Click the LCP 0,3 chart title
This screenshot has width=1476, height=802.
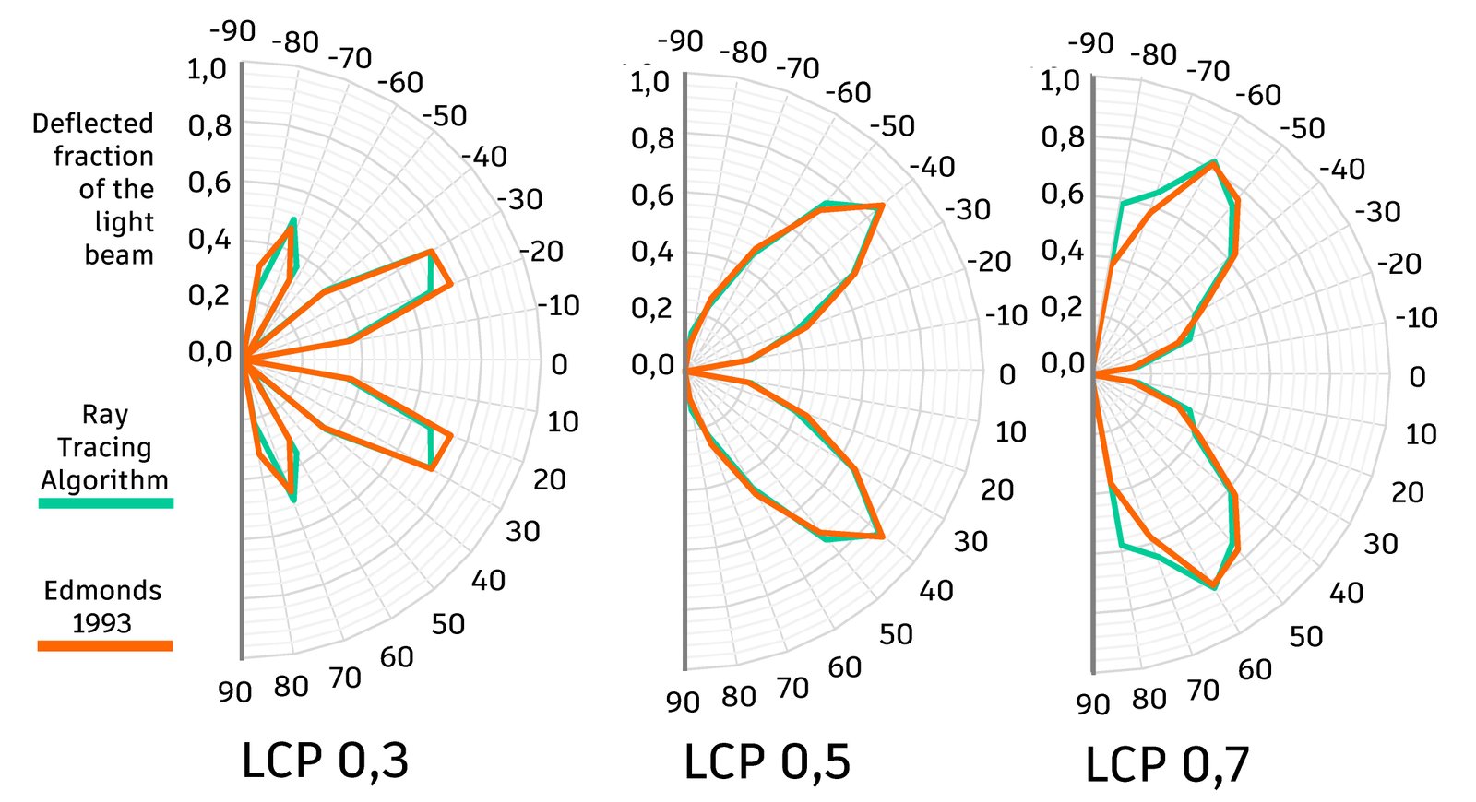click(325, 761)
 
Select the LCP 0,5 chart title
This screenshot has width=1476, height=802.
click(767, 762)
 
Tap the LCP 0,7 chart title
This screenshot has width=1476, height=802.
click(1167, 765)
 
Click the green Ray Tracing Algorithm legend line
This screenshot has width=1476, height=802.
click(105, 503)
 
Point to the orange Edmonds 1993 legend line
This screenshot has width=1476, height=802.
click(105, 645)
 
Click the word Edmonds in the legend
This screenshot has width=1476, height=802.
click(102, 591)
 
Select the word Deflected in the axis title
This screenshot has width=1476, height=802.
click(92, 124)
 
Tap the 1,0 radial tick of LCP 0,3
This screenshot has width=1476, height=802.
click(207, 69)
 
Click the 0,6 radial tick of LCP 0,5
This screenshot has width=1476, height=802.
click(652, 195)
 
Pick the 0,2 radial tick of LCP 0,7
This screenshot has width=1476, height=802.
click(1063, 306)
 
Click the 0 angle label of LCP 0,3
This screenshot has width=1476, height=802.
click(559, 365)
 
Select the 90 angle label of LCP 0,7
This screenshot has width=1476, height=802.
click(1092, 704)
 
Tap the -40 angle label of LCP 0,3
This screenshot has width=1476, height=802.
click(485, 157)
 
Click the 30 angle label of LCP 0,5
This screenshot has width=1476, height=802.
click(970, 541)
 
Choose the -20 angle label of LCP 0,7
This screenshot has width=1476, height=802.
click(1400, 265)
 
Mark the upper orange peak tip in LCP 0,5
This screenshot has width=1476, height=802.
click(882, 205)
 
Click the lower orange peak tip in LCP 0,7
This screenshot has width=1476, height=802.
click(1215, 585)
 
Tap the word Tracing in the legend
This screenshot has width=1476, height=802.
click(104, 448)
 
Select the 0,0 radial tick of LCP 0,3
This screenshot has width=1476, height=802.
click(208, 352)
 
